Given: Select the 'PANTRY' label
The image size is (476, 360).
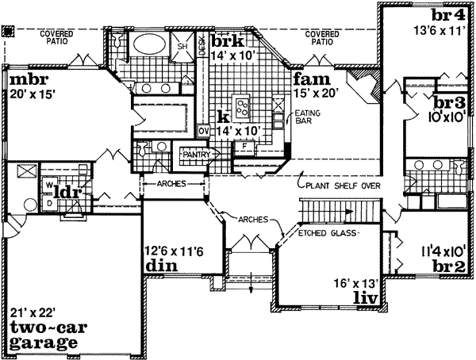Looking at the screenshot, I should pyautogui.click(x=194, y=155).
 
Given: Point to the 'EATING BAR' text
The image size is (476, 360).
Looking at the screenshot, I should pyautogui.click(x=287, y=119).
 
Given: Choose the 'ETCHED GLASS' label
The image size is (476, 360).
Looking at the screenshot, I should pyautogui.click(x=328, y=234).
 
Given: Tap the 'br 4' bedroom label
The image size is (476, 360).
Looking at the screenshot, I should pyautogui.click(x=451, y=16).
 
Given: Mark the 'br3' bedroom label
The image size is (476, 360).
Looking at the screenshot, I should pyautogui.click(x=449, y=102).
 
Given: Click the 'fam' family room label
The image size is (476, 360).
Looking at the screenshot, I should pyautogui.click(x=308, y=79).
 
